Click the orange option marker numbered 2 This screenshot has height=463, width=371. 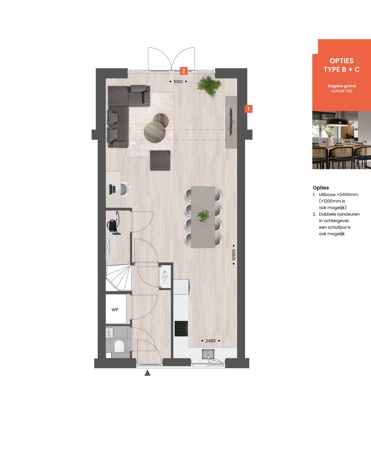click(184, 71)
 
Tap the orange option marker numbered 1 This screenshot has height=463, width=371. click(248, 109)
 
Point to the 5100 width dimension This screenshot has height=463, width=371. click(178, 82)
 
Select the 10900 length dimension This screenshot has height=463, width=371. click(234, 255)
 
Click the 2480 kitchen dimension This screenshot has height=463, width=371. click(210, 341)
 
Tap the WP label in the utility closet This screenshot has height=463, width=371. click(115, 310)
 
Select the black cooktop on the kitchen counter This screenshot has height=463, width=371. click(181, 328)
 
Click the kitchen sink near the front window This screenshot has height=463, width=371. click(208, 354)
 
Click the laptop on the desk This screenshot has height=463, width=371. click(113, 189)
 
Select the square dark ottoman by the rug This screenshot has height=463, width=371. click(160, 160)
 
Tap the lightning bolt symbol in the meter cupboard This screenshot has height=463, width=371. click(165, 275)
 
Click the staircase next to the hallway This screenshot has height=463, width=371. click(118, 278)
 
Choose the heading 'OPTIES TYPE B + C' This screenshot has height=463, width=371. click(341, 65)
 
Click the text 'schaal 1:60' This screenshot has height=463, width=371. click(341, 91)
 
